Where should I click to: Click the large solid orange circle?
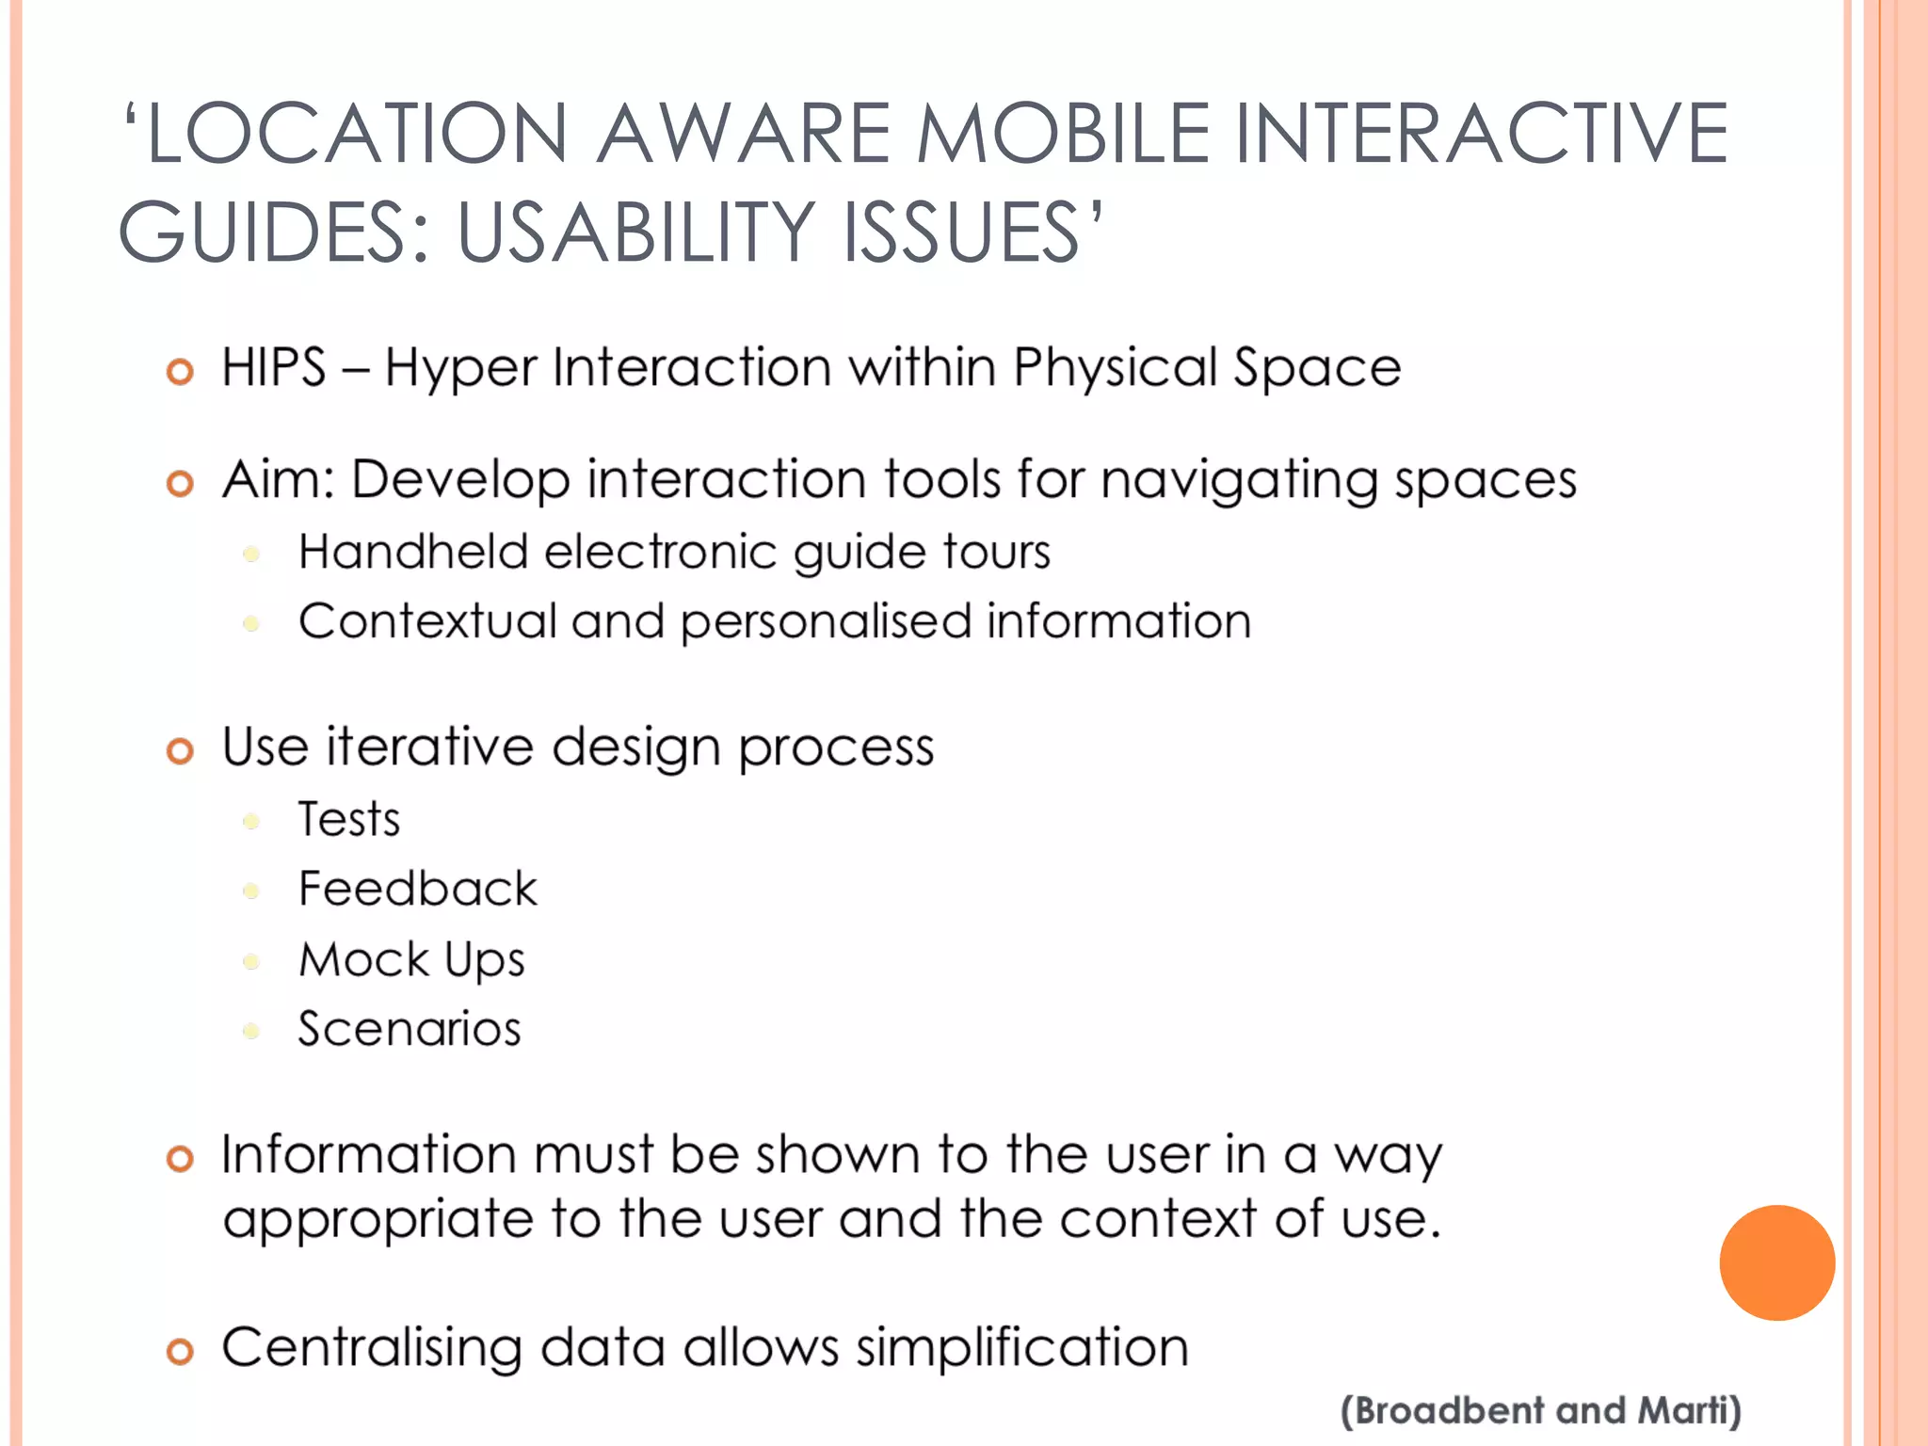(x=1776, y=1262)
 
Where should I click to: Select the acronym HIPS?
(x=274, y=367)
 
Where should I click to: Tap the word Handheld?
(x=412, y=552)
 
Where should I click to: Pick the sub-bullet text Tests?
(x=349, y=819)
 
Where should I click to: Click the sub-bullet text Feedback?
(x=417, y=889)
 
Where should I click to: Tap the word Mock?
(x=363, y=960)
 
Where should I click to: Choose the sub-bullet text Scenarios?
(x=410, y=1029)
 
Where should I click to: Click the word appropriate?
(x=378, y=1221)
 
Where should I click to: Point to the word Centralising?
(x=372, y=1347)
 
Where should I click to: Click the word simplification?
(x=1021, y=1347)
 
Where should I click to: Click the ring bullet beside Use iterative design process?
(x=180, y=751)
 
